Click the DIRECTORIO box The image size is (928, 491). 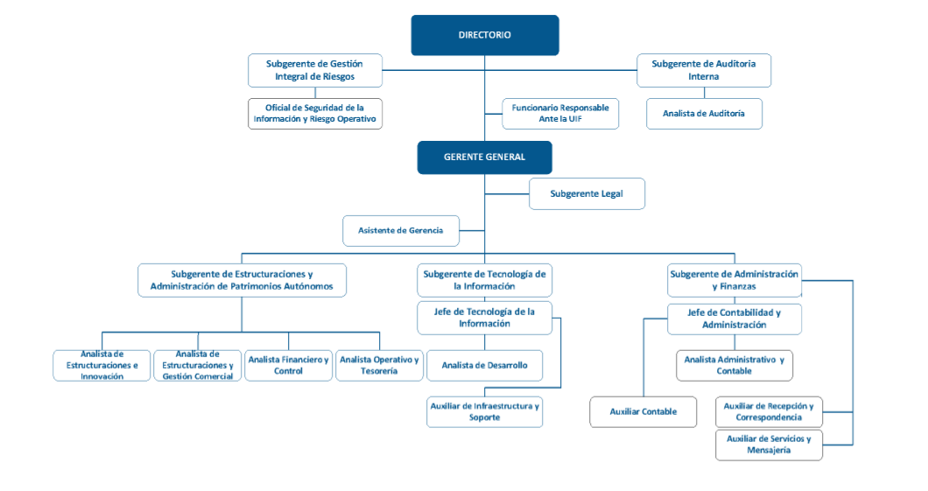[x=485, y=35]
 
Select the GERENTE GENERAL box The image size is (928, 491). [x=485, y=158]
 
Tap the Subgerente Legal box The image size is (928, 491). [x=587, y=193]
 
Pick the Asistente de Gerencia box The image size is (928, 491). [x=401, y=231]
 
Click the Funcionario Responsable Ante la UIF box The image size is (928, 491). [x=560, y=114]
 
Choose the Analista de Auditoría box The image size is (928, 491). [x=704, y=114]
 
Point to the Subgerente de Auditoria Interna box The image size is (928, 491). [x=704, y=70]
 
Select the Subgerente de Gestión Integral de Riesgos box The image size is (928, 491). [x=315, y=70]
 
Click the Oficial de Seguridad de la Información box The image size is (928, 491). [x=315, y=114]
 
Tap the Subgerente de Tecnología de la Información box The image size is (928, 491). [x=485, y=280]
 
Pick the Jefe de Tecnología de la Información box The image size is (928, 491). [x=485, y=318]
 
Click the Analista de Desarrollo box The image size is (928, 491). [x=485, y=366]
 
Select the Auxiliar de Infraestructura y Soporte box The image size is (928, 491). [x=485, y=411]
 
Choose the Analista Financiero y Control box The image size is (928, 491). [x=288, y=366]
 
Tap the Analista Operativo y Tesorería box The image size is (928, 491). [x=379, y=366]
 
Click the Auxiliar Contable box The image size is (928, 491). [x=643, y=411]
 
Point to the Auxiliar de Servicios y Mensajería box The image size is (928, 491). [x=769, y=445]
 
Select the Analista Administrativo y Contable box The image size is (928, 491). [x=735, y=366]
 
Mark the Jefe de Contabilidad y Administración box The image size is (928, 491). [x=735, y=319]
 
